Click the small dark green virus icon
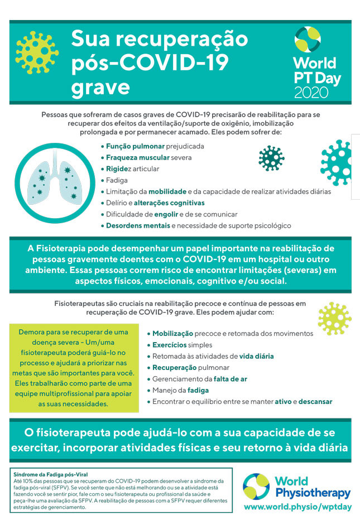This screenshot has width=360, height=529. (x=271, y=158)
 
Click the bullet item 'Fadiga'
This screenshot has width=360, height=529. (x=117, y=180)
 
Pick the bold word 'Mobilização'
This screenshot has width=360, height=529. (x=173, y=333)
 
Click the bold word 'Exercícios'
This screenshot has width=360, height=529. (x=169, y=345)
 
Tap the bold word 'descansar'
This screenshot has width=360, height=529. (x=315, y=401)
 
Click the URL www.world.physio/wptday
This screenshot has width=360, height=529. (x=296, y=506)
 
